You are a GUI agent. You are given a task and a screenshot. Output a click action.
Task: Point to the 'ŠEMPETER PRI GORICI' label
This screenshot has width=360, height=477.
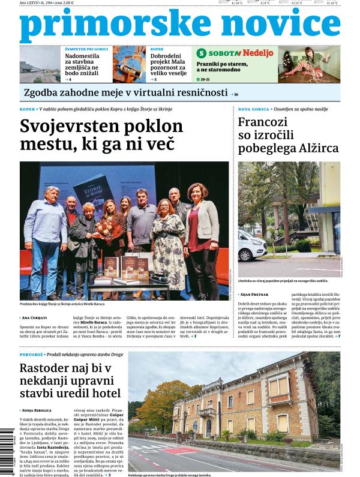click(86, 49)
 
